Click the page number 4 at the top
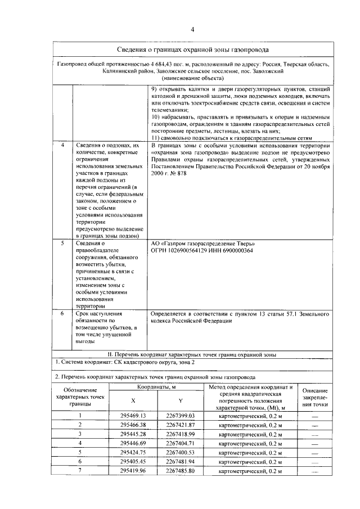coord(192,30)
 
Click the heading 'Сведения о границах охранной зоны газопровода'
coord(192,50)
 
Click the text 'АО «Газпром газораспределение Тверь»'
coord(203,244)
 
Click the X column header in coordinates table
coord(133,400)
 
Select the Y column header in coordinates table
coord(181,400)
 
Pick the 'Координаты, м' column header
coord(157,388)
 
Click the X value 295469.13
coord(133,415)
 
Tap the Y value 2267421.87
coord(181,425)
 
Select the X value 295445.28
coord(133,434)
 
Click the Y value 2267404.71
coord(181,443)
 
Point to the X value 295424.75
coord(133,452)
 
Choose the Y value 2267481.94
coord(181,461)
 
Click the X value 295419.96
coord(133,471)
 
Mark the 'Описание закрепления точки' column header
coord(315,397)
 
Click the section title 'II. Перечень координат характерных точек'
coord(192,354)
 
